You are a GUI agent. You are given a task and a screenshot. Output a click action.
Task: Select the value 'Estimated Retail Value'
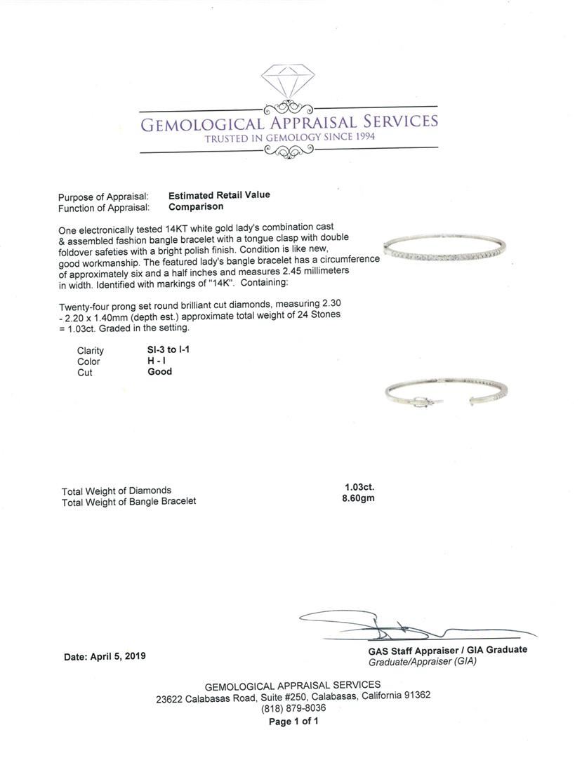tap(219, 196)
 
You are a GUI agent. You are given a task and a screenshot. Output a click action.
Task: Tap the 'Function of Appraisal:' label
tap(103, 208)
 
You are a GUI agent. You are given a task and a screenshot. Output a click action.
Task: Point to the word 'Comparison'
tap(196, 207)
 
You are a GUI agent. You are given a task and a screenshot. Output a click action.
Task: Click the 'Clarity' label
tap(91, 350)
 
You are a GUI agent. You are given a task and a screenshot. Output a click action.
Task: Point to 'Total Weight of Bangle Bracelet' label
tap(128, 501)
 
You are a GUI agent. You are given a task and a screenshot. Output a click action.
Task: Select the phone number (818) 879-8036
tap(293, 708)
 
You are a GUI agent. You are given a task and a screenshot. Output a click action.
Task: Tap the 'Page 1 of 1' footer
tap(293, 721)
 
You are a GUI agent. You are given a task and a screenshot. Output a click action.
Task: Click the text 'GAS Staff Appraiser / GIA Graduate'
tap(447, 650)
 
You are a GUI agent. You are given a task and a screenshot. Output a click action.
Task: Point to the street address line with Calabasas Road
tap(293, 696)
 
